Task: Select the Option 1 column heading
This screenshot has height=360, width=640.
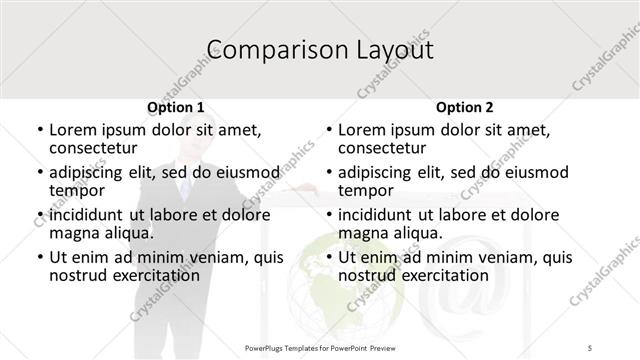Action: coord(176,107)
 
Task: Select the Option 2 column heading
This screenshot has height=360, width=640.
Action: coord(465,107)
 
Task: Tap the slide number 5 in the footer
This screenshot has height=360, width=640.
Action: coord(591,347)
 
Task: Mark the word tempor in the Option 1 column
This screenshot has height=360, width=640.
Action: coord(77,190)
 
